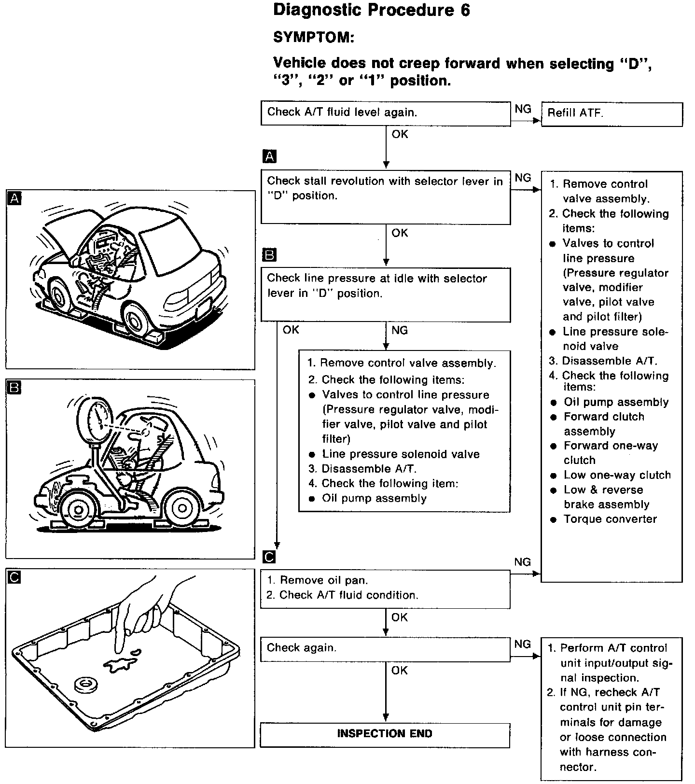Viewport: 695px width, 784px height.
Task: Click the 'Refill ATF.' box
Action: click(x=612, y=114)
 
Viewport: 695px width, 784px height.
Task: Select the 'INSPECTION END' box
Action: click(x=385, y=734)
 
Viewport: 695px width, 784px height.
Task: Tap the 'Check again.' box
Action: click(x=385, y=648)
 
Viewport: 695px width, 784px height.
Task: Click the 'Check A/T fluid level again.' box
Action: click(x=385, y=113)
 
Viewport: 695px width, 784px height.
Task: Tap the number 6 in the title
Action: click(x=464, y=11)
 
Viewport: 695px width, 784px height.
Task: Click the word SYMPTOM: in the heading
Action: click(x=314, y=37)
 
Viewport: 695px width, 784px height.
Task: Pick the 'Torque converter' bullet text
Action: click(x=610, y=519)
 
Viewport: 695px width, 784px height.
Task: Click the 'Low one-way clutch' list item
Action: click(x=617, y=475)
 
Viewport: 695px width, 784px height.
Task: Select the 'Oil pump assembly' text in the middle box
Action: click(x=374, y=498)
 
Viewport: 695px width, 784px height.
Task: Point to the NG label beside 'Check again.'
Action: click(x=523, y=644)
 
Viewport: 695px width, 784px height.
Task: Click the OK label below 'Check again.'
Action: click(x=400, y=671)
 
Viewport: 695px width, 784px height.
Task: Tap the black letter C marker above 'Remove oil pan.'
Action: click(x=269, y=557)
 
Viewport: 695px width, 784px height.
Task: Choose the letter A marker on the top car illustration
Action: click(x=15, y=198)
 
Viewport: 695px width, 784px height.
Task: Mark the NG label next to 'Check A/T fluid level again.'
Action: click(x=523, y=109)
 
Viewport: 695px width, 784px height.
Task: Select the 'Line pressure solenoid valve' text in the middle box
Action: click(x=401, y=454)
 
